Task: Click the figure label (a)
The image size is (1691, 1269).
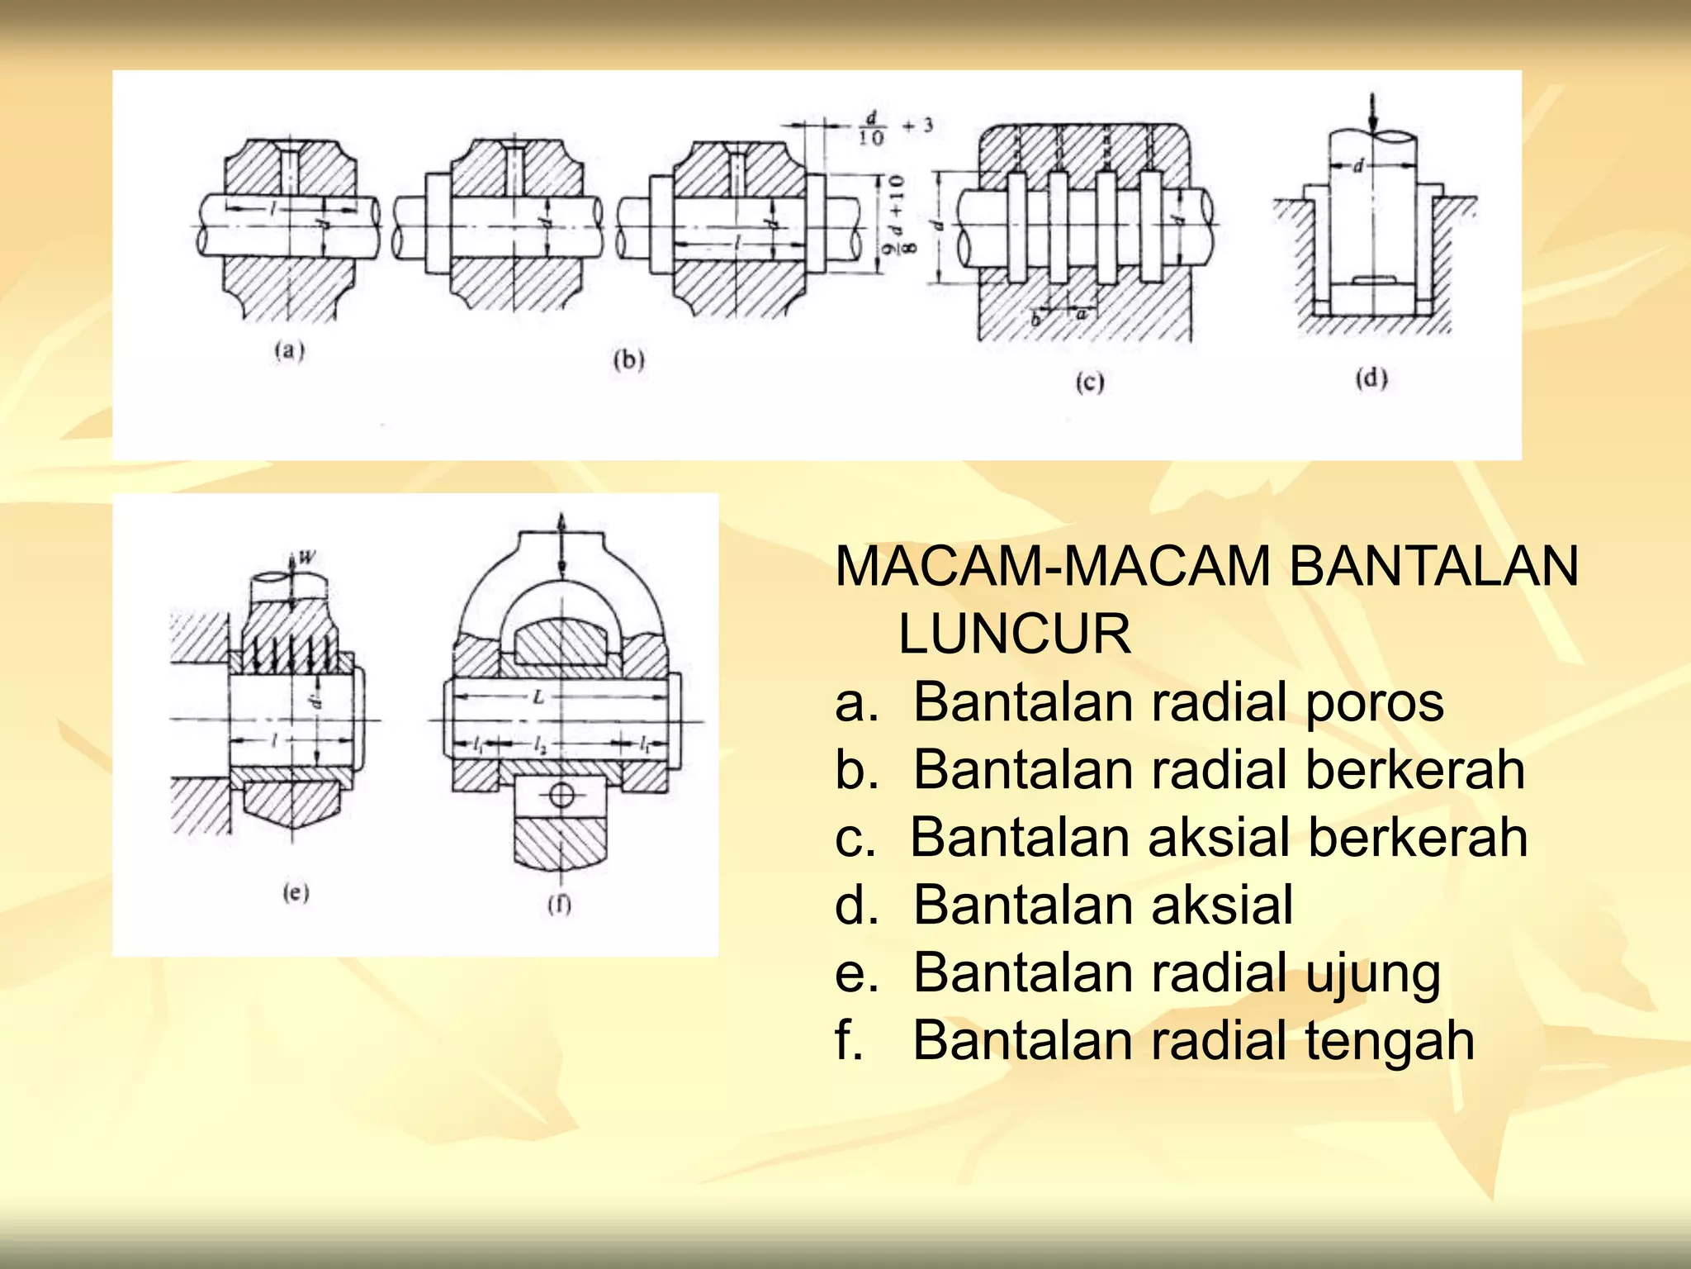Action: coord(289,350)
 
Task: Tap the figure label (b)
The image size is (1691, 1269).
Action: coord(628,360)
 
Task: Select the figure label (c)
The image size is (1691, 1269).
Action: coord(1090,383)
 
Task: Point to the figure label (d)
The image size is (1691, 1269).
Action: coord(1371,378)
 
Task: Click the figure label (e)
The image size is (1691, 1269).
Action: coord(296,892)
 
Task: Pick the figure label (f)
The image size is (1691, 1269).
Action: coord(560,904)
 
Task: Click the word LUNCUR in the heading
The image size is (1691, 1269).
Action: coord(1014,634)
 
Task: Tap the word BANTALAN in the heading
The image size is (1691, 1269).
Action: coord(1433,567)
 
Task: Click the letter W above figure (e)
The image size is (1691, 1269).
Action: coord(306,557)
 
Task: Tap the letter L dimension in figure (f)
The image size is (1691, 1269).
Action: coord(538,696)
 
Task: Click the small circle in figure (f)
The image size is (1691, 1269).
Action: coord(561,796)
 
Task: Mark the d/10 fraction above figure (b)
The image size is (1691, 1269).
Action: coord(871,127)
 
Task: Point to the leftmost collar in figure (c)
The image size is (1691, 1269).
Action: coord(1016,226)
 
